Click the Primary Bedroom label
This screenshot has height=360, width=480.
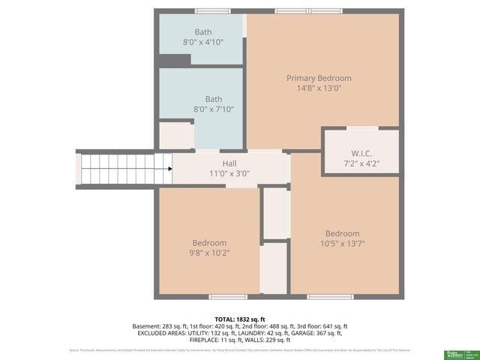(x=319, y=78)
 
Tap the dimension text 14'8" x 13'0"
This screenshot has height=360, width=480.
(x=319, y=88)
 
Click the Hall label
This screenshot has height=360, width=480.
(x=229, y=163)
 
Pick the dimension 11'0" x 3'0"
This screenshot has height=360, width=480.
(x=229, y=173)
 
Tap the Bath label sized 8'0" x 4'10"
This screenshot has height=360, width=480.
(x=203, y=32)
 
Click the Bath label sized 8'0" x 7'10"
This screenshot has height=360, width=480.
(x=214, y=99)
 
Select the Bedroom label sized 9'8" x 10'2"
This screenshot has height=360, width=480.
(x=209, y=243)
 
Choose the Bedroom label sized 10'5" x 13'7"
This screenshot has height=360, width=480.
(x=342, y=233)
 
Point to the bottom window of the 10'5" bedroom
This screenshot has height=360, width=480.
(x=330, y=297)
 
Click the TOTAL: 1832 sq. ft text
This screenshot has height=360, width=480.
(x=239, y=319)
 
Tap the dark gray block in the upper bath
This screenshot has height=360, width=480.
(x=174, y=58)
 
